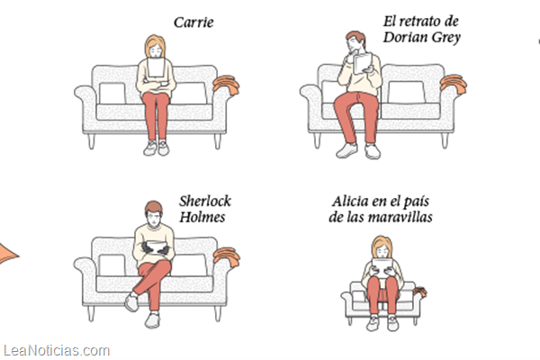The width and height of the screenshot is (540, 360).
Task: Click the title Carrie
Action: pyautogui.click(x=193, y=22)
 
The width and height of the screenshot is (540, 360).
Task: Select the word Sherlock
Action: pyautogui.click(x=205, y=202)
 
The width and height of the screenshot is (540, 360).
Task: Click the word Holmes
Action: pyautogui.click(x=202, y=217)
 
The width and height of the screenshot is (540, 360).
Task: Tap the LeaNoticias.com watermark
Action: pyautogui.click(x=57, y=351)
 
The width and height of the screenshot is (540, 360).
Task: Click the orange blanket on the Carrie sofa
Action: pyautogui.click(x=226, y=84)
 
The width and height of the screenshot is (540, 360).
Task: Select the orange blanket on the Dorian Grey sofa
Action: pyautogui.click(x=454, y=84)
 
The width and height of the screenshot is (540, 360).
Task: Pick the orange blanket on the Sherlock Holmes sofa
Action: pyautogui.click(x=226, y=257)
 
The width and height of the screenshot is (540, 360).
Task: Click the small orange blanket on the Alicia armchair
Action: pyautogui.click(x=420, y=292)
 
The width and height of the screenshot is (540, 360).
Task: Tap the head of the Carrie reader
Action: pyautogui.click(x=155, y=46)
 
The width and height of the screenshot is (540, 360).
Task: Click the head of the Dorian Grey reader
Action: pyautogui.click(x=356, y=41)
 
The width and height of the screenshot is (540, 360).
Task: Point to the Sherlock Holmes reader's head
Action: pyautogui.click(x=153, y=214)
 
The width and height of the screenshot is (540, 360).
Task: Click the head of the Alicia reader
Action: pyautogui.click(x=382, y=247)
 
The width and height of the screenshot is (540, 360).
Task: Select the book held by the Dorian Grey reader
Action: pyautogui.click(x=363, y=63)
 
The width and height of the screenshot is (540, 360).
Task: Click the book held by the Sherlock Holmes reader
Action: pyautogui.click(x=157, y=247)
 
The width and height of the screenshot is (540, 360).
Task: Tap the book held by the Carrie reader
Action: pyautogui.click(x=156, y=67)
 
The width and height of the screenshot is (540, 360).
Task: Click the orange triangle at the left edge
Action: pyautogui.click(x=7, y=254)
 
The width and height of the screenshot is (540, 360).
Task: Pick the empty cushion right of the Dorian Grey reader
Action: pyautogui.click(x=407, y=92)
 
